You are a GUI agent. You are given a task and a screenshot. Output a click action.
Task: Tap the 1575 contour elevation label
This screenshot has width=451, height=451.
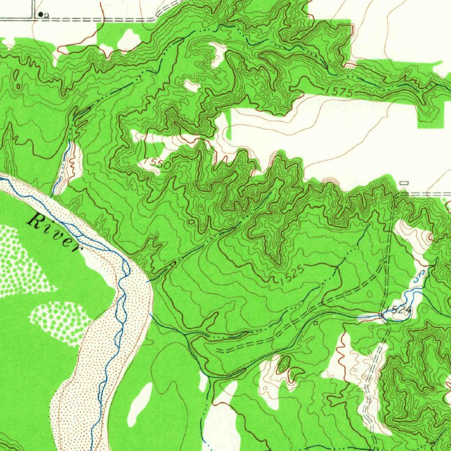(x=340, y=92)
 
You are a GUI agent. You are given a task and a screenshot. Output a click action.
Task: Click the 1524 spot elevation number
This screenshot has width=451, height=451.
(x=400, y=311)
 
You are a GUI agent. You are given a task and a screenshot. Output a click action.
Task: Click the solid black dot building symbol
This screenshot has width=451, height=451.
(x=41, y=15)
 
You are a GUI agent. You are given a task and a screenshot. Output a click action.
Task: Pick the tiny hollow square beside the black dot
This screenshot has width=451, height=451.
(x=46, y=15)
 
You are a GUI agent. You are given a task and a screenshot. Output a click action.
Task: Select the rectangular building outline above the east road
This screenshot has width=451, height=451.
(x=404, y=183)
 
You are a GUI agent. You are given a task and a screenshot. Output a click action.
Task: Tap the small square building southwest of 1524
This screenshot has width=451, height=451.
(x=315, y=323)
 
